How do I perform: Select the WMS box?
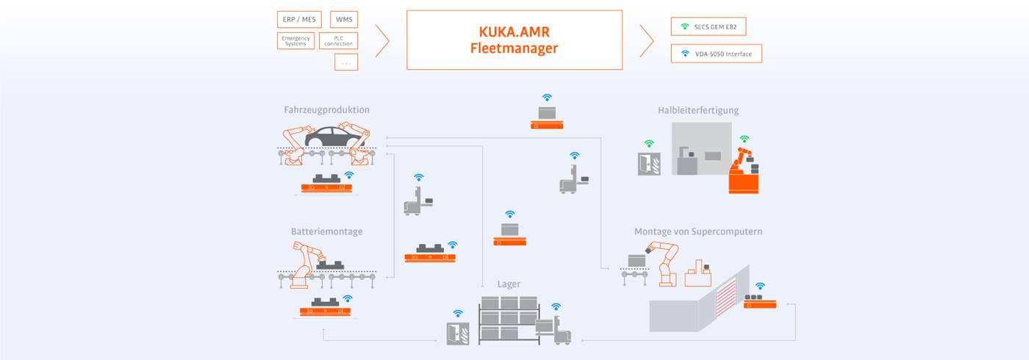(343, 19)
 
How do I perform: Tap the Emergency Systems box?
(295, 41)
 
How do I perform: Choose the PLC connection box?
(339, 41)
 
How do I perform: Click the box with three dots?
(345, 63)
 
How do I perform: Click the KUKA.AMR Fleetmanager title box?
(514, 40)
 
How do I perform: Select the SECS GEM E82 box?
(708, 26)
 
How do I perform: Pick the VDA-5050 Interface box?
(716, 54)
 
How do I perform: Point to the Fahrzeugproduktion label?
(326, 110)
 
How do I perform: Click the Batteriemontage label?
(326, 231)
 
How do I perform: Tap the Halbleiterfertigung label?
(698, 110)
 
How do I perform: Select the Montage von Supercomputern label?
(698, 231)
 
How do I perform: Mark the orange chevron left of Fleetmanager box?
(382, 40)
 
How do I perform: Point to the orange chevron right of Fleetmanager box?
(647, 40)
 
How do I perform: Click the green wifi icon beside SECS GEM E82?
(685, 26)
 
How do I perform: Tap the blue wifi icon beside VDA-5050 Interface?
(685, 54)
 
